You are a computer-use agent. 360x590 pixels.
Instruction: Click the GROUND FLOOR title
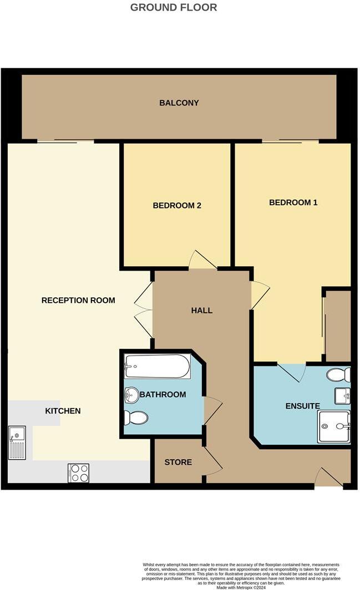(174, 8)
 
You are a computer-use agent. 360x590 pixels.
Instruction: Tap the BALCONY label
(179, 103)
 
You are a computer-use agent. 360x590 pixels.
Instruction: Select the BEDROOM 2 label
(177, 206)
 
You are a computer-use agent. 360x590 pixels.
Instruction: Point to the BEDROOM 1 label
(293, 202)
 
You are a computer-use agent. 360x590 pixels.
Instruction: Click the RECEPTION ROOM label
(78, 300)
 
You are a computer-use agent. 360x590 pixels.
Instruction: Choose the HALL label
(201, 311)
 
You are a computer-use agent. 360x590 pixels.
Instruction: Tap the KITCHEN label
(63, 411)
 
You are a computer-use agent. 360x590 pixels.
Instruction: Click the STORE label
(178, 462)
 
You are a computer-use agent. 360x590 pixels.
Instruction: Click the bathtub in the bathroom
(158, 367)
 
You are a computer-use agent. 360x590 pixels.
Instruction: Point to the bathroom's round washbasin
(132, 394)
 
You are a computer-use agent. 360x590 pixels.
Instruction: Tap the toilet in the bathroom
(136, 417)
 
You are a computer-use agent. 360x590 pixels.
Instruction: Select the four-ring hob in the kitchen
(79, 472)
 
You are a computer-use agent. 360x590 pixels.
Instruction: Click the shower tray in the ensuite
(334, 426)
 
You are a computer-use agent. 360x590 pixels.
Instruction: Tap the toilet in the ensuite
(338, 375)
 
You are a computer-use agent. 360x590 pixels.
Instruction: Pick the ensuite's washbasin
(342, 396)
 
